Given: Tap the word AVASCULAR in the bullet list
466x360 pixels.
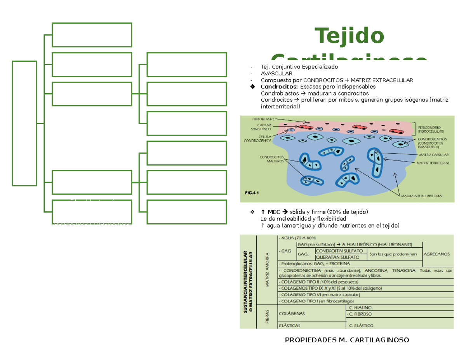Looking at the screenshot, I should coord(276,73).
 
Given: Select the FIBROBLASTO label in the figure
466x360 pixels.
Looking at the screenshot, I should coord(263,118).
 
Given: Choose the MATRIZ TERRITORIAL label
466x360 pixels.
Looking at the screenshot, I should coord(433,163).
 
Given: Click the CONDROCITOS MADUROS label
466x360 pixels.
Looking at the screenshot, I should coord(272,159).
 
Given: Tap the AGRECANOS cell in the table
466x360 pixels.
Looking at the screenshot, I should coord(437,254).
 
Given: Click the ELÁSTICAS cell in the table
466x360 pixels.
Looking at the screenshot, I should coord(289,325).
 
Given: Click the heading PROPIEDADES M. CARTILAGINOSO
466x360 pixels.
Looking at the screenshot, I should coord(347,340).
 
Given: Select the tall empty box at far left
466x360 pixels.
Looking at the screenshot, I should coord(24,123).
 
